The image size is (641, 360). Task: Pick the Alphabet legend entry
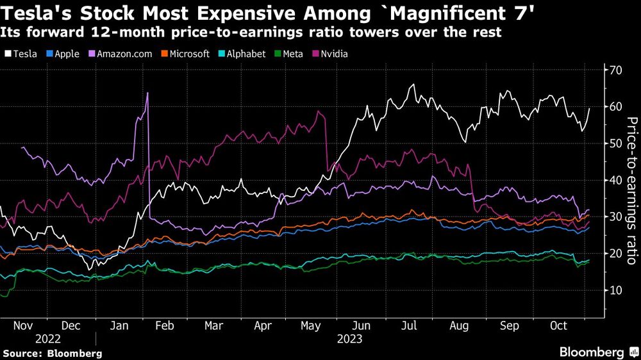pyautogui.click(x=242, y=54)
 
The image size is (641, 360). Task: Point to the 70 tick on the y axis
pyautogui.click(x=615, y=69)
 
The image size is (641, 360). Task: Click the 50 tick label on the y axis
pyautogui.click(x=615, y=143)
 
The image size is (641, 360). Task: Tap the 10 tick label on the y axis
pyautogui.click(x=615, y=290)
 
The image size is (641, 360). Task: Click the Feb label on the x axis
pyautogui.click(x=165, y=325)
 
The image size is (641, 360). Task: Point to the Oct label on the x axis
pyautogui.click(x=558, y=325)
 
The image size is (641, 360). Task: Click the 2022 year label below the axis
pyautogui.click(x=48, y=338)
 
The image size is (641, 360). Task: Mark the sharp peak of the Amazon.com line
pyautogui.click(x=147, y=93)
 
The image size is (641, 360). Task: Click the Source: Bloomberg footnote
pyautogui.click(x=52, y=353)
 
